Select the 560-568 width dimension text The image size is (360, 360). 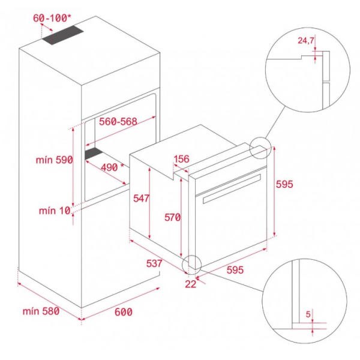tap(118, 121)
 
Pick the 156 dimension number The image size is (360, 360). tap(181, 160)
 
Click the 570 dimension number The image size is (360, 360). tap(172, 218)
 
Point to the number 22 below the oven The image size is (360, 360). tap(191, 284)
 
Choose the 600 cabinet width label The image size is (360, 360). tap(122, 312)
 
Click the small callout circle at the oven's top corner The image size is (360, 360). tap(260, 147)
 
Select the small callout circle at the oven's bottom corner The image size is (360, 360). tap(193, 263)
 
